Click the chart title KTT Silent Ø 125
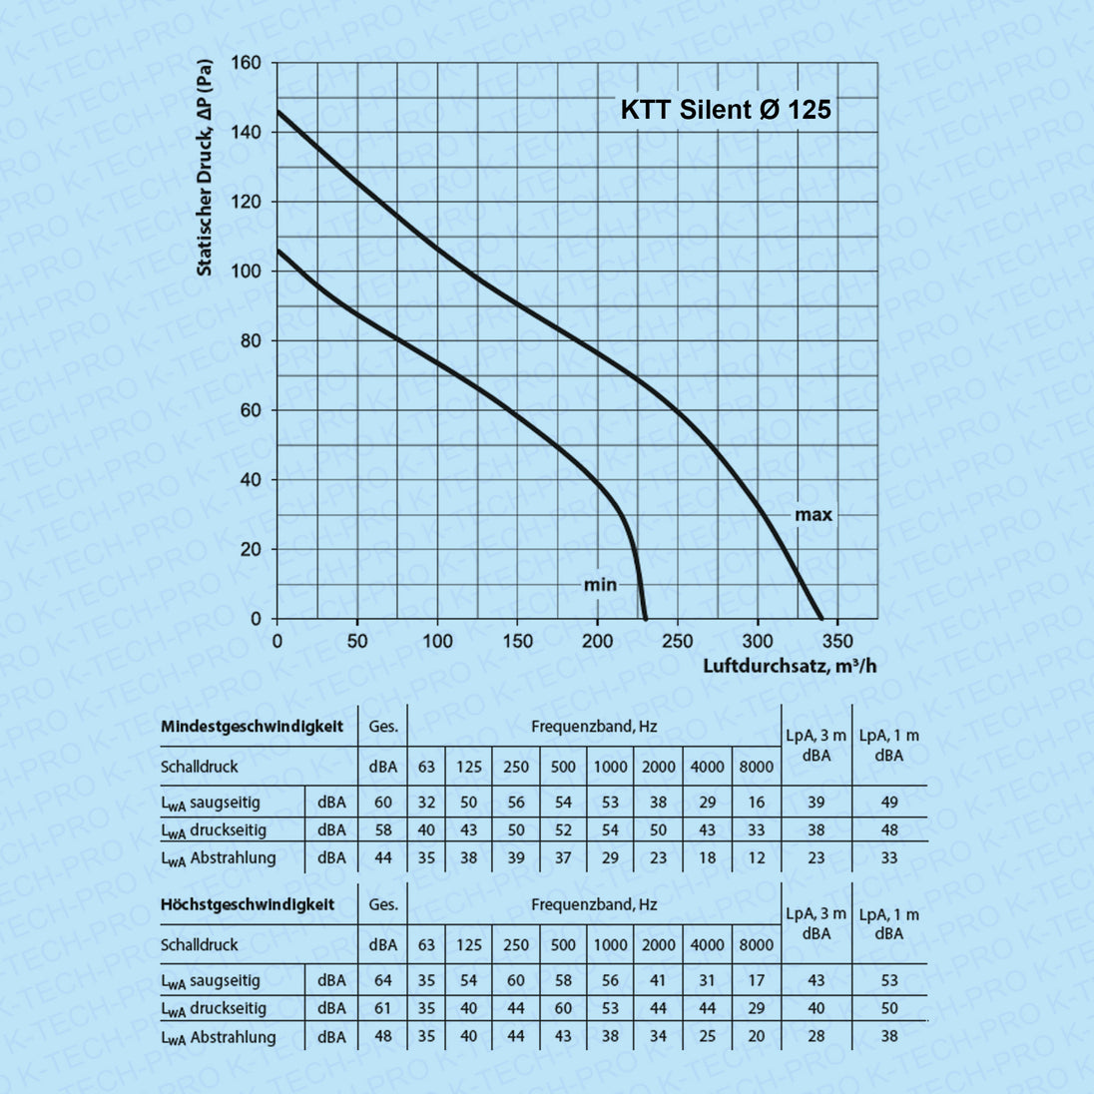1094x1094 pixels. pos(726,110)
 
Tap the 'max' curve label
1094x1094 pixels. pos(813,515)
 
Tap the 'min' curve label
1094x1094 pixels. pos(600,585)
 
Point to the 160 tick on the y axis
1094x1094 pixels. pos(246,63)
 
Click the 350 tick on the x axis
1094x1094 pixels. pos(837,641)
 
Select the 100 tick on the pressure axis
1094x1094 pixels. pos(246,272)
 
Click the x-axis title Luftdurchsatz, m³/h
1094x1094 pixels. pos(790,666)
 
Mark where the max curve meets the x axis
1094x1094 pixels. pos(821,618)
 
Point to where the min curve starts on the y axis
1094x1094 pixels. pos(277,250)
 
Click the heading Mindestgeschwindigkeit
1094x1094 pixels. pos(252,727)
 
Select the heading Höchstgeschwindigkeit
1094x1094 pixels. pos(248,905)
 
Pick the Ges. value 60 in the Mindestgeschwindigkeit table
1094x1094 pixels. pos(383,803)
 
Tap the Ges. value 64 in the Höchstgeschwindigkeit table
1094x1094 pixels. pos(383,981)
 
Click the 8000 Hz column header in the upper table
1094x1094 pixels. pos(756,767)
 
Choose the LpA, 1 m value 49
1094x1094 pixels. pos(889,803)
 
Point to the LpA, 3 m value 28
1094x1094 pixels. pos(817,1036)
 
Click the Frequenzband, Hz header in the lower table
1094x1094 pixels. pos(594,905)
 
